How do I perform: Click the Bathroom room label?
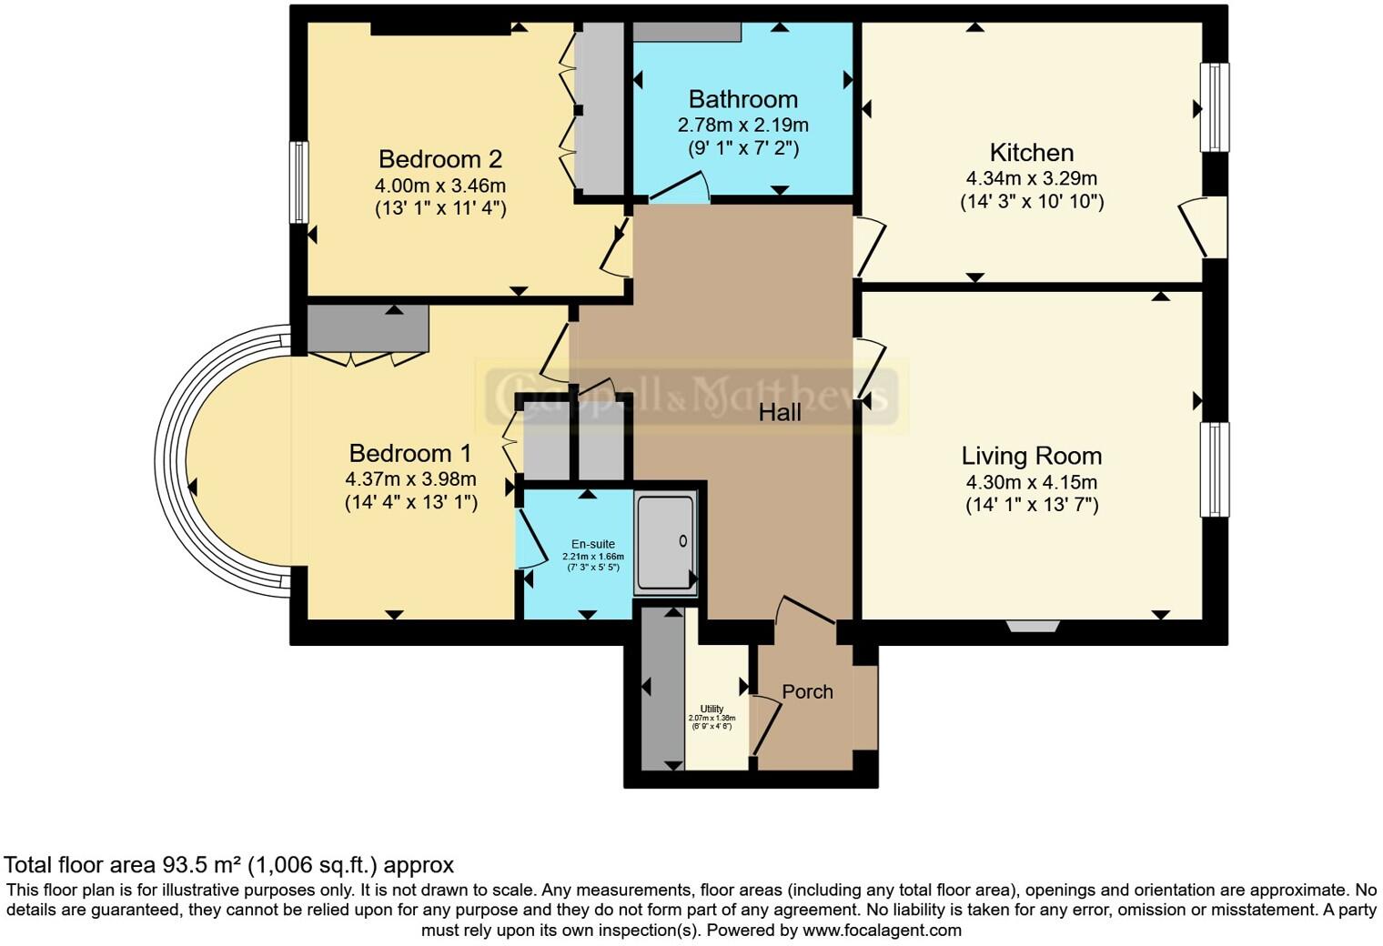tap(742, 99)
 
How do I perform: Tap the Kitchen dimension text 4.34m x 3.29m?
tap(1032, 178)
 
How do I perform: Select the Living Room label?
tap(1031, 456)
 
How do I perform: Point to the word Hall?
tap(780, 413)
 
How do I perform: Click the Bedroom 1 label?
tap(410, 453)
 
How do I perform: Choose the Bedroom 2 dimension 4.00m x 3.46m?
tap(440, 186)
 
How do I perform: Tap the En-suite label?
tap(592, 544)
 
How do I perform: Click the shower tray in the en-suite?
tap(665, 543)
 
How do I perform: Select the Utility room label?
tap(712, 709)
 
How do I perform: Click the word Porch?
tap(807, 691)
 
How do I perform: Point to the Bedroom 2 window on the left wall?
tap(298, 182)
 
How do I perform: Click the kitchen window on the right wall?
tap(1215, 107)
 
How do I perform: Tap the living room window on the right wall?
tap(1215, 469)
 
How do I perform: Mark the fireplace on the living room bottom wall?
tap(1033, 626)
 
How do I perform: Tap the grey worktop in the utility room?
tap(662, 689)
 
